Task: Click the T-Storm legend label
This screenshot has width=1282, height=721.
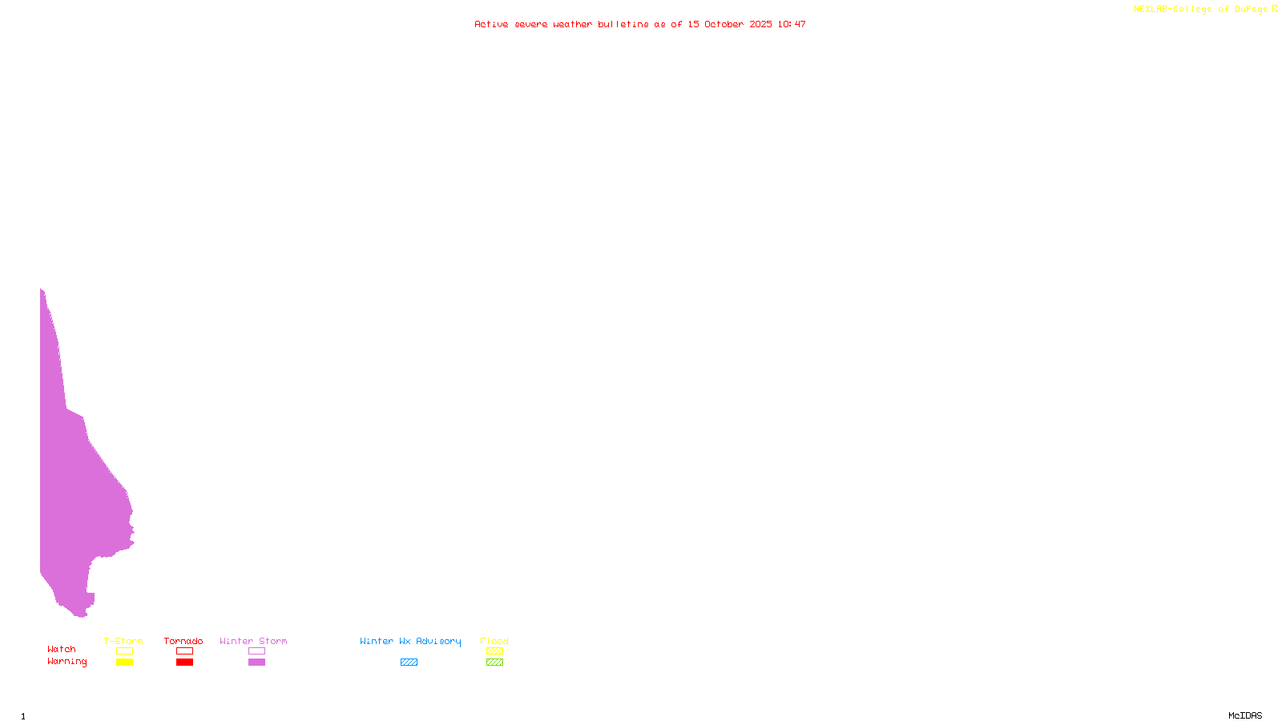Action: click(123, 641)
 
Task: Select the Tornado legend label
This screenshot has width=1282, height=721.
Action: click(183, 641)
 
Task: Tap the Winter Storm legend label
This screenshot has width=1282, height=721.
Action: click(253, 641)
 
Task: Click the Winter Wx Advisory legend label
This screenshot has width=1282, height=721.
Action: click(410, 641)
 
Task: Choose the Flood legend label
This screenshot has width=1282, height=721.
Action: click(494, 641)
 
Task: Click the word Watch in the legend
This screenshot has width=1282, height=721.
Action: click(62, 649)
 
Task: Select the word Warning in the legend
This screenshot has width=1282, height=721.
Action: click(67, 662)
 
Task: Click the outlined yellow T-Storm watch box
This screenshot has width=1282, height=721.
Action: click(124, 651)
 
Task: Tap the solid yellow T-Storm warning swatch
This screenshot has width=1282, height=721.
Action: click(124, 663)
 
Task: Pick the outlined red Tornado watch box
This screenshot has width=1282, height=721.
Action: click(185, 651)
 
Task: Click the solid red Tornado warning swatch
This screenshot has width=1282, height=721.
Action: click(185, 663)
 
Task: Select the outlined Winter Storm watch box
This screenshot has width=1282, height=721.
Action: click(256, 651)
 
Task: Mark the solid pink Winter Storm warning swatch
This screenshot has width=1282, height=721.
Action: click(256, 663)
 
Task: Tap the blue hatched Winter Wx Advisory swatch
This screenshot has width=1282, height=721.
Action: click(409, 663)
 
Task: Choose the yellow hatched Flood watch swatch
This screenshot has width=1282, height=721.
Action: click(494, 651)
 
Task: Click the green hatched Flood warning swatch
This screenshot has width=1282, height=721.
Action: click(494, 663)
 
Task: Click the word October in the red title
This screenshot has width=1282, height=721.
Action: click(724, 24)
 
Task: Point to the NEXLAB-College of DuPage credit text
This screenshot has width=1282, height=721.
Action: click(1201, 10)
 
